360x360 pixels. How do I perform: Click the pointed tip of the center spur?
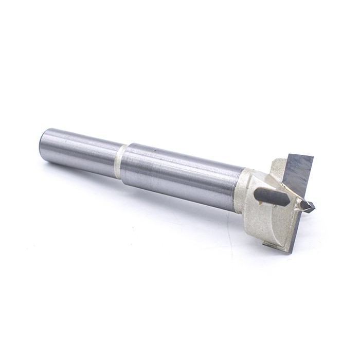click(x=314, y=208)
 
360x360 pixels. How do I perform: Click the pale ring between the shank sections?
click(x=121, y=161)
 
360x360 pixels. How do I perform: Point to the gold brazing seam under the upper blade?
click(x=291, y=193)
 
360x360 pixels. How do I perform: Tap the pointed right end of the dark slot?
click(x=289, y=204)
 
